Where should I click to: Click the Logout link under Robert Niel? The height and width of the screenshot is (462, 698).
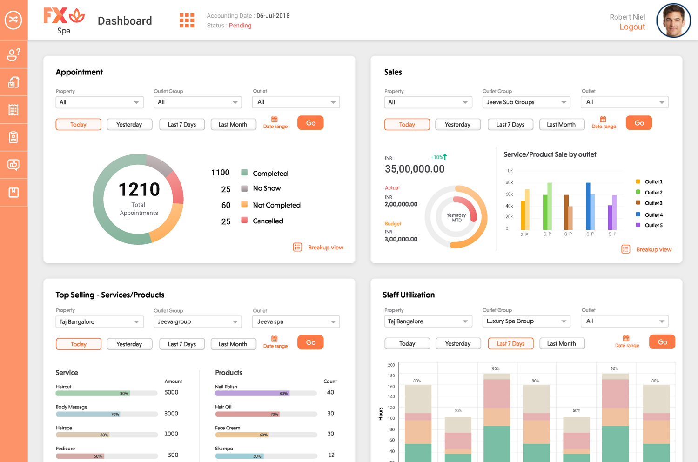pos(632,27)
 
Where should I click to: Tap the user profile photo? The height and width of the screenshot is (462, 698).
pos(673,20)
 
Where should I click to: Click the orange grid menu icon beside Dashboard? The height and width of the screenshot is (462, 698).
pos(187,20)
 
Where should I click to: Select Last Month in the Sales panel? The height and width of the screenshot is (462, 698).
pos(561,125)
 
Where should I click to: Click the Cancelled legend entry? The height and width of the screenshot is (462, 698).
pos(268,221)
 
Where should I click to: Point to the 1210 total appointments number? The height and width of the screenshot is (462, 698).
pos(139,189)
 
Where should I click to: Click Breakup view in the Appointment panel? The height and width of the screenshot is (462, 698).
pos(325,248)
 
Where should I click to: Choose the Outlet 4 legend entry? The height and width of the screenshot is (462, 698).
pos(653,215)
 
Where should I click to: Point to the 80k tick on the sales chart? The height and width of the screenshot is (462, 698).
pos(509,182)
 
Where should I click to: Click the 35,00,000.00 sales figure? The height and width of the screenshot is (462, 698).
pos(415,169)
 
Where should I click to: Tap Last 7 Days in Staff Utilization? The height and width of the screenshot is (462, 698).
pos(510,344)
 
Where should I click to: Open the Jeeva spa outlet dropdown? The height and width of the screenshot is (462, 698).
pos(296,322)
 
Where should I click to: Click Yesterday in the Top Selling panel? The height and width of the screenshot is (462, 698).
pos(129,344)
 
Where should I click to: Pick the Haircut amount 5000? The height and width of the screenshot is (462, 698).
pos(171,392)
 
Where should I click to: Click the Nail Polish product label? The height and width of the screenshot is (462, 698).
pos(226,387)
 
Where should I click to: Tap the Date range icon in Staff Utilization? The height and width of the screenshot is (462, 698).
pos(626,338)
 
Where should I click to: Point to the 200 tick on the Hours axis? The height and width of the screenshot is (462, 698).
pos(391,365)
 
